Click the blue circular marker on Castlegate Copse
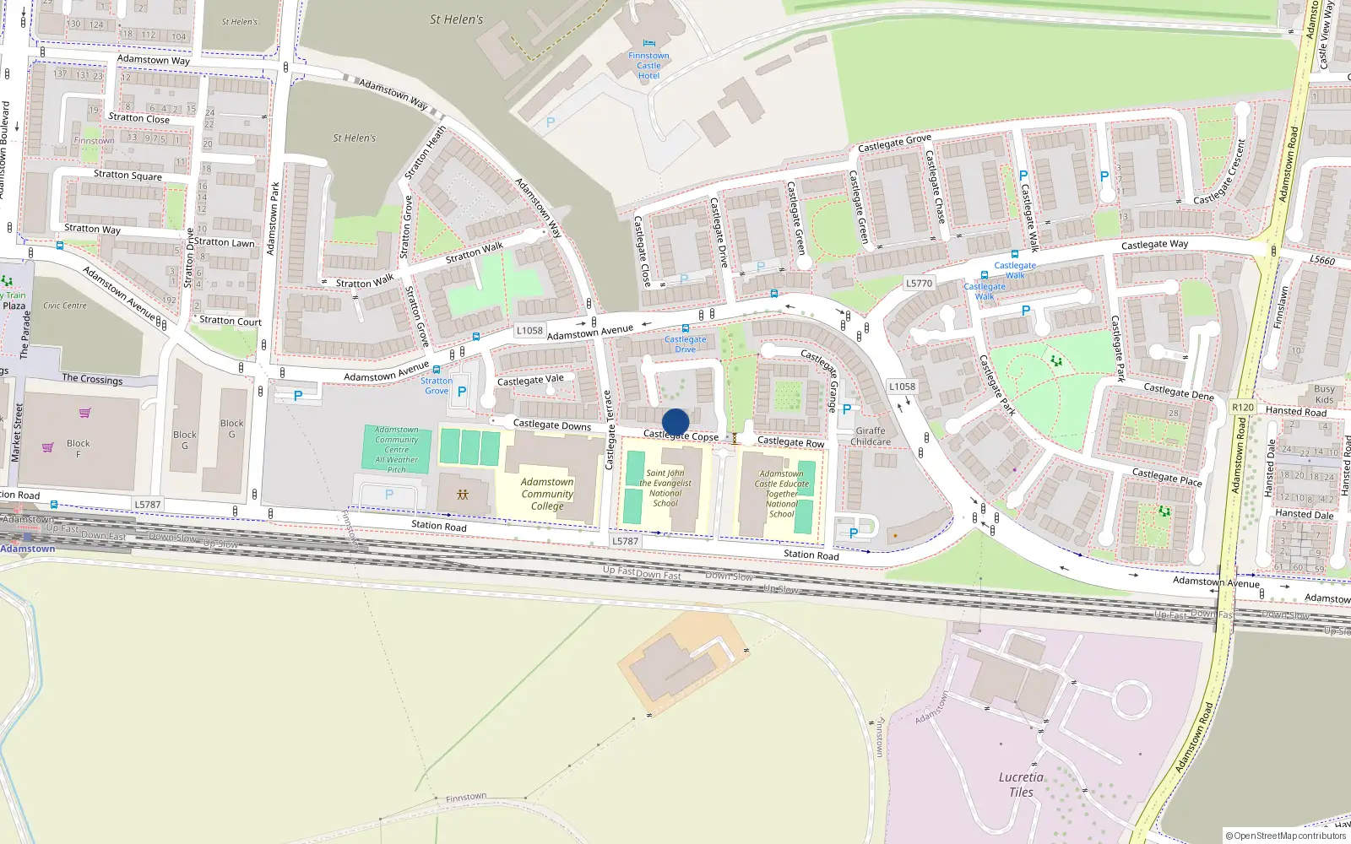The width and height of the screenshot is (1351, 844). [675, 422]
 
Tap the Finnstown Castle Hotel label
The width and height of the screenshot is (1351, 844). [648, 66]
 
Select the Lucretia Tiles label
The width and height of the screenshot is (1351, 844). [1021, 784]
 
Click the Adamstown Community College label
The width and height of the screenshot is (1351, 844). [547, 494]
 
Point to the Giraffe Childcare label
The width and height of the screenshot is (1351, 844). [871, 436]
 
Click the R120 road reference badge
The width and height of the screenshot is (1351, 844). [1243, 407]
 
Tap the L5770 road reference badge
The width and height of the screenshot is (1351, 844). [920, 284]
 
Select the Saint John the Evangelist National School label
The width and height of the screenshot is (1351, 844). [665, 488]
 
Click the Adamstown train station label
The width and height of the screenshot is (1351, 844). [28, 549]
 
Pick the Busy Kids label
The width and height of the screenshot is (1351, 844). [1324, 394]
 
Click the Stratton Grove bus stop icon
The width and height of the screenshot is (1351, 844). [436, 370]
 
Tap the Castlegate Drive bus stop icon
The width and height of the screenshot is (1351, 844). [685, 328]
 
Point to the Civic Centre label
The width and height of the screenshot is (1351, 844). [65, 306]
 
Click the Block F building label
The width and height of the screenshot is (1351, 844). [79, 448]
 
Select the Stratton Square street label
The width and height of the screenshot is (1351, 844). [128, 176]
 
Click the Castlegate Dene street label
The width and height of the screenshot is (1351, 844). [1178, 391]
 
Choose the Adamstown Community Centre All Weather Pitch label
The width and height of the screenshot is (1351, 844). [397, 450]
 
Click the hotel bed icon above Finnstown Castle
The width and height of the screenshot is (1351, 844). [648, 44]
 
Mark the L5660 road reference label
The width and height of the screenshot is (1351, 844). [1322, 260]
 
